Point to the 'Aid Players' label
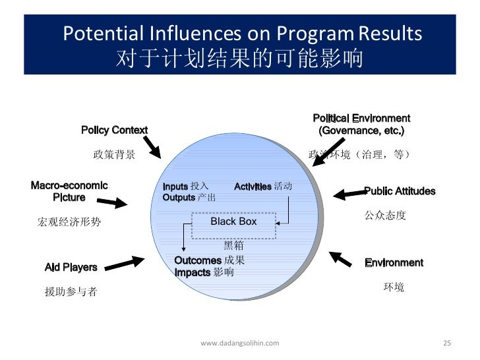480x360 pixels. (x=71, y=267)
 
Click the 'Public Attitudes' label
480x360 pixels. (x=400, y=191)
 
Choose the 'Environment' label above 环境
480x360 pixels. (x=394, y=262)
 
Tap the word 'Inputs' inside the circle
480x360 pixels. (x=175, y=187)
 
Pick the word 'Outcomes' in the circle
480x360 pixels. (x=197, y=260)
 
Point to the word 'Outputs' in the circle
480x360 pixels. (x=179, y=197)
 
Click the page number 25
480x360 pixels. (x=446, y=343)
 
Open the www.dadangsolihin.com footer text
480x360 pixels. (x=239, y=343)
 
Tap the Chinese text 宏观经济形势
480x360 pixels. (x=69, y=222)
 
